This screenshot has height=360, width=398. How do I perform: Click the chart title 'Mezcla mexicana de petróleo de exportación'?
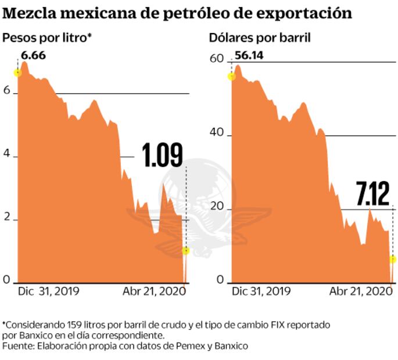coord(177,13)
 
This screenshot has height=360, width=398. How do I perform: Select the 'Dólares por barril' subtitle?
coord(260,38)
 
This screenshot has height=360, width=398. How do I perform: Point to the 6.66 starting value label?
coord(33,56)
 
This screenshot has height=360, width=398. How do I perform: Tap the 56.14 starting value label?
coord(249,56)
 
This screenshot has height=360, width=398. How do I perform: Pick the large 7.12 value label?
coord(373,193)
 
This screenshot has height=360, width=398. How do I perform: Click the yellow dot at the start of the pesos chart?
coord(18,73)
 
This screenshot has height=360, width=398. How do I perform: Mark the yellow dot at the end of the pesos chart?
coord(185,250)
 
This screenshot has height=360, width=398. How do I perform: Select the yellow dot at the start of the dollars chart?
coord(232,76)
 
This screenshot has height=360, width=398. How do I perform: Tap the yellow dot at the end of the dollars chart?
coord(393,259)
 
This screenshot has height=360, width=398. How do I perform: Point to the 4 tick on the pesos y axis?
coord(7,157)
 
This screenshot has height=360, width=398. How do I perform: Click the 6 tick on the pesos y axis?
coord(7,92)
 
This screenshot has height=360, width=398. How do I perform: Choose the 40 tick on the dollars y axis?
coord(217,132)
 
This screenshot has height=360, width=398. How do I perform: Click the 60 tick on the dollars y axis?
coord(217,59)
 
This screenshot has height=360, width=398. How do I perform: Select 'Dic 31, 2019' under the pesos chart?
coord(49,291)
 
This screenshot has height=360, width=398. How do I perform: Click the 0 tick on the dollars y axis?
coord(220,280)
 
